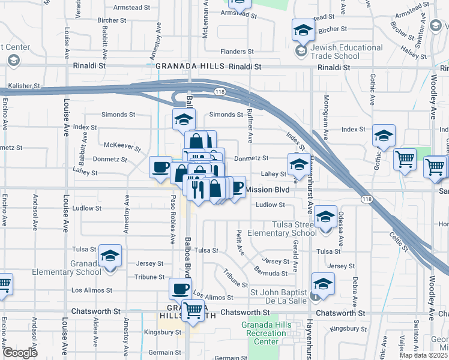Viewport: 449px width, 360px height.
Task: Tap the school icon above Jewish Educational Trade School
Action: point(303,31)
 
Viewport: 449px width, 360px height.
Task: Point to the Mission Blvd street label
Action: point(268,190)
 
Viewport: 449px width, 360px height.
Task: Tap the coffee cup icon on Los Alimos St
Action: point(180,290)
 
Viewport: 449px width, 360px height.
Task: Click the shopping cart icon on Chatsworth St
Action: point(193,311)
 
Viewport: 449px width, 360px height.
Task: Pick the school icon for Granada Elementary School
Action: point(110,256)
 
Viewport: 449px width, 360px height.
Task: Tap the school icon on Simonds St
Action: point(184,119)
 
